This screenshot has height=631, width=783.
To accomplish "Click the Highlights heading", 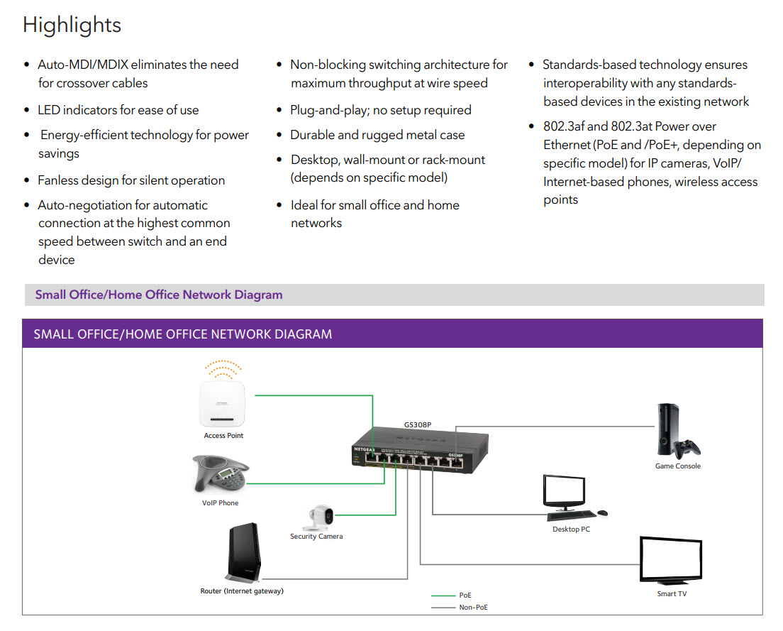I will (x=72, y=25).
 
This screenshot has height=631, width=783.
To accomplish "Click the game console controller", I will (x=687, y=449).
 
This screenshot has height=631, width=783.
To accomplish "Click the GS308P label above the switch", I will (x=418, y=425).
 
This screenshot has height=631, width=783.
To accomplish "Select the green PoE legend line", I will (x=443, y=596).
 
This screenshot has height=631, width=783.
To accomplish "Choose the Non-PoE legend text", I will (x=473, y=608).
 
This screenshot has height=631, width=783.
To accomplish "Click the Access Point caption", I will (x=223, y=436).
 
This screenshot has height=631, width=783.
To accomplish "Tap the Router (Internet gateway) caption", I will (x=242, y=591).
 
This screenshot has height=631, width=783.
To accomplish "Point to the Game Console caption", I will (x=677, y=466).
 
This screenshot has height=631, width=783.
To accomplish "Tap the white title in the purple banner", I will (x=182, y=334).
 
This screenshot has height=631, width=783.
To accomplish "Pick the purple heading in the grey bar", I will (x=159, y=295).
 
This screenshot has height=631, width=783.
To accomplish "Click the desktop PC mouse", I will (x=602, y=512).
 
